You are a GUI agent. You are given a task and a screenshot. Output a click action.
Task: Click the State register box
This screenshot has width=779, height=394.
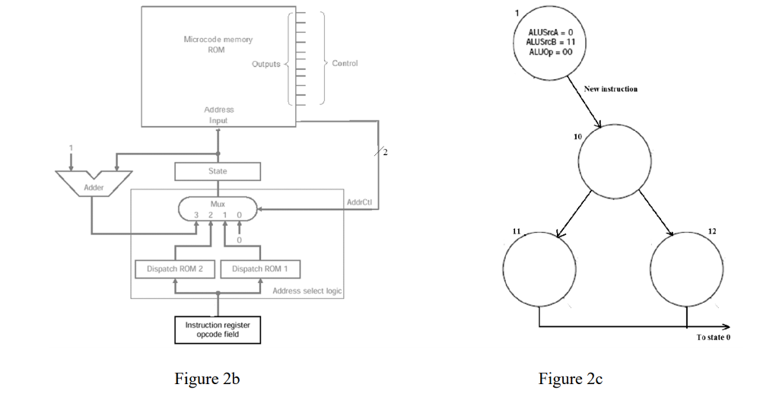click(218, 172)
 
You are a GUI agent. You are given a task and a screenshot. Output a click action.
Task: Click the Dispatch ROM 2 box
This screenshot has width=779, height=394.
click(175, 269)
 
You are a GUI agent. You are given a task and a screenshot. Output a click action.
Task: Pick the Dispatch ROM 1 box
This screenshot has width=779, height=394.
click(260, 269)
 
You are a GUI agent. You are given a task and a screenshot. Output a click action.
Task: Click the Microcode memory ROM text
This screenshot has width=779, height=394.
click(218, 44)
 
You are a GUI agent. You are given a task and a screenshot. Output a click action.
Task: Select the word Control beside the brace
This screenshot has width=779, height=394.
click(345, 63)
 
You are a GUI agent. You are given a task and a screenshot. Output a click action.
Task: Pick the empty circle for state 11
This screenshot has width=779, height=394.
click(539, 266)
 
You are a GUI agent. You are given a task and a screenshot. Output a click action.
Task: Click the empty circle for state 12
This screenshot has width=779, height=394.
click(686, 266)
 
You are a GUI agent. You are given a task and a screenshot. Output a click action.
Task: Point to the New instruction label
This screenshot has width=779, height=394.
click(610, 89)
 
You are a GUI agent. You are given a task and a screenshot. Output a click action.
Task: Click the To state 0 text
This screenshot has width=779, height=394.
click(713, 337)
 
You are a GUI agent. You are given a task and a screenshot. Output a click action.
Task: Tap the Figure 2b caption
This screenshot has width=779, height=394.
click(207, 379)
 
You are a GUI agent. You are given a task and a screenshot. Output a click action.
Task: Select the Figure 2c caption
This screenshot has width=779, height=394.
click(571, 379)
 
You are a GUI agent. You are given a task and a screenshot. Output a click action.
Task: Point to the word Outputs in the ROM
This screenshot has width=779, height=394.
click(266, 64)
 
